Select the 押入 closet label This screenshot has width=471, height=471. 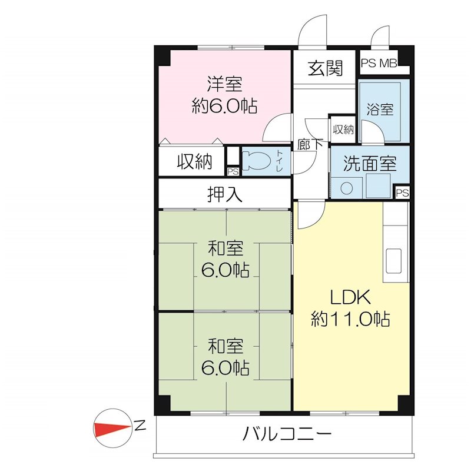[224, 194]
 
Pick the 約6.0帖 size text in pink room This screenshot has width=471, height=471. [224, 106]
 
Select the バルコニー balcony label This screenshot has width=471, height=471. [287, 436]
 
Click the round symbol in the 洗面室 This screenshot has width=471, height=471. [347, 188]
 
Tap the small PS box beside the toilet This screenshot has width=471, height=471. [233, 171]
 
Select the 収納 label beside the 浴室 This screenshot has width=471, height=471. [343, 130]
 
